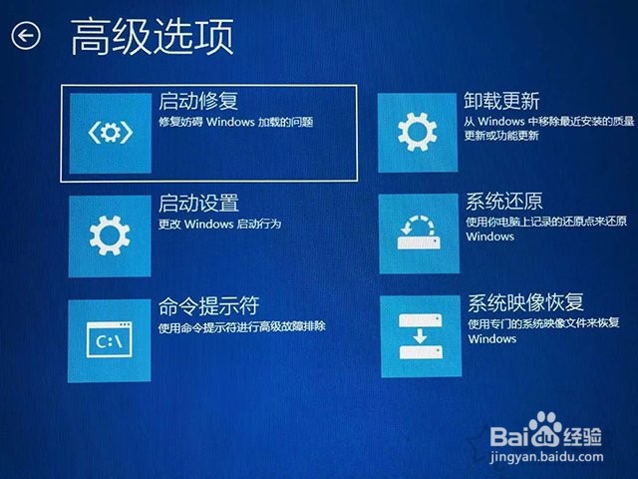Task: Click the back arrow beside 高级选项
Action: pyautogui.click(x=26, y=36)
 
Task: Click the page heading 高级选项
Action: pyautogui.click(x=153, y=37)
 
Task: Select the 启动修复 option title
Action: pyautogui.click(x=198, y=101)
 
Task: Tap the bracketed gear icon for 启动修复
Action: pyautogui.click(x=111, y=133)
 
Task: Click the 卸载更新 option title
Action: pyautogui.click(x=501, y=101)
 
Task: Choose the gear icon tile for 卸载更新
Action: pyautogui.click(x=418, y=133)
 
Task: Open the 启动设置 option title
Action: pyautogui.click(x=198, y=203)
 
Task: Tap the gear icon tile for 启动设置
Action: pyautogui.click(x=110, y=237)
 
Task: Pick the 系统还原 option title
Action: pyautogui.click(x=504, y=202)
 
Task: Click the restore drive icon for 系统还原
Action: pyautogui.click(x=419, y=233)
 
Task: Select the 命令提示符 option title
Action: pyautogui.click(x=208, y=305)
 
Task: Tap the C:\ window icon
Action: pyautogui.click(x=109, y=339)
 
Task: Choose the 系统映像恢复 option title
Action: pyautogui.click(x=525, y=303)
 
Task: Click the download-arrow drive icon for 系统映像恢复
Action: pyautogui.click(x=421, y=336)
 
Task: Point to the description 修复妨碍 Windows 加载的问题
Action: pyautogui.click(x=235, y=122)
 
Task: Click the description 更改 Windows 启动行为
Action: pyautogui.click(x=219, y=224)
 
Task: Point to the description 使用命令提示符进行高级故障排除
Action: pyautogui.click(x=241, y=326)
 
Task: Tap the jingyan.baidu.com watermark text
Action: pyautogui.click(x=546, y=457)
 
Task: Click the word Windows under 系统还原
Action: pyautogui.click(x=489, y=237)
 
